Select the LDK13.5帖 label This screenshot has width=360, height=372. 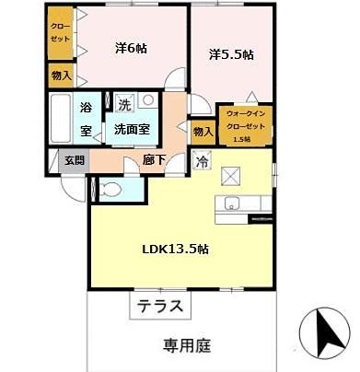click(174, 249)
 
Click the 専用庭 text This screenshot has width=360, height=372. click(188, 347)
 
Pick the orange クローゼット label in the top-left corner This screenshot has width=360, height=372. click(60, 32)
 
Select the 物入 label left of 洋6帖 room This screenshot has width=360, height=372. click(61, 76)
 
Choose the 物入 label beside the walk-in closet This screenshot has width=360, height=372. click(203, 131)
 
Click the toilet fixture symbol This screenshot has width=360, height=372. click(111, 190)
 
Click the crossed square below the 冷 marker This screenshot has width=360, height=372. click(232, 175)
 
